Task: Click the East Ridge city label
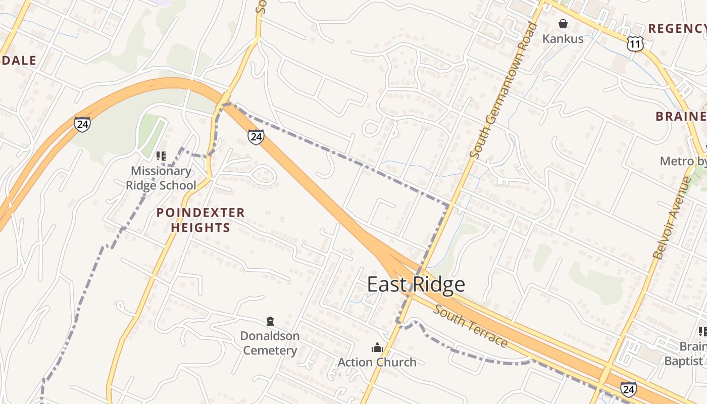416,284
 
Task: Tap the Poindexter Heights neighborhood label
200,220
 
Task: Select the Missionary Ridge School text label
161,178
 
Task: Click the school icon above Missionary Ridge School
161,156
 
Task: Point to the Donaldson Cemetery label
270,343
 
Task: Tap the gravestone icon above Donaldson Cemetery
270,321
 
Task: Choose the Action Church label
377,362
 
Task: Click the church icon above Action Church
377,347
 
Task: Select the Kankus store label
563,38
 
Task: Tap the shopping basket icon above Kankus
563,24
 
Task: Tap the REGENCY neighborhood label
677,28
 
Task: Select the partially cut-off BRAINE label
680,117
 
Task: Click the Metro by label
683,161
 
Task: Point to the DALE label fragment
19,61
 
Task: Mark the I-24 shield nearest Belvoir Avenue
628,389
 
